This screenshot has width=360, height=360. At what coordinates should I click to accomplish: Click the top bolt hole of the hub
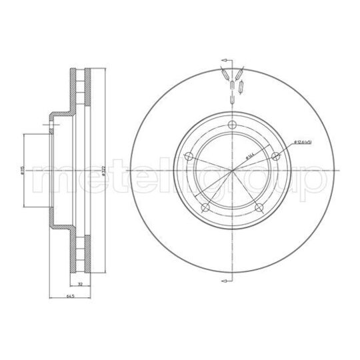click(x=231, y=128)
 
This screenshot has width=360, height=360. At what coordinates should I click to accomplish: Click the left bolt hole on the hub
click(x=188, y=157)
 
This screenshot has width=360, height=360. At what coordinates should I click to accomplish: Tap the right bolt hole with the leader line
click(x=275, y=156)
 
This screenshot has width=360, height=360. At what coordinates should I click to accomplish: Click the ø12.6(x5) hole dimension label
click(x=303, y=141)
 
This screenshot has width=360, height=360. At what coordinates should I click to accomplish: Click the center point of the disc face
click(x=231, y=172)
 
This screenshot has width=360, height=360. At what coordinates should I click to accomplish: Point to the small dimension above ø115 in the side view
click(x=48, y=123)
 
